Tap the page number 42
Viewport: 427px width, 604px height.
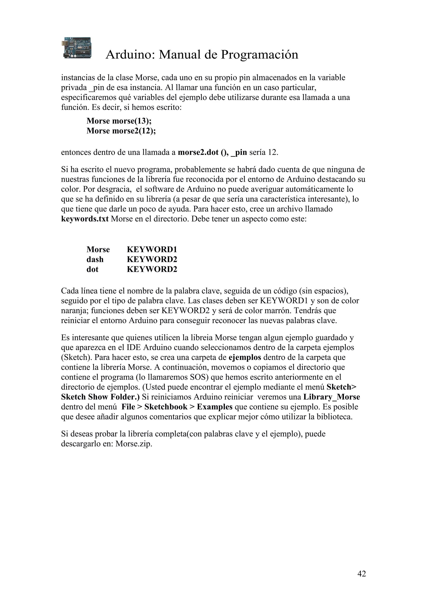[362, 574]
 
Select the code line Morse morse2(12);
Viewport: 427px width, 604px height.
[121, 131]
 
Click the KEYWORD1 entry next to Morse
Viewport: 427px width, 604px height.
[152, 249]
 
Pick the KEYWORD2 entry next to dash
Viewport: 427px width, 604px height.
[152, 259]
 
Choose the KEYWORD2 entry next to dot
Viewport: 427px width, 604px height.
[152, 269]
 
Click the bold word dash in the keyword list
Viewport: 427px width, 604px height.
[95, 259]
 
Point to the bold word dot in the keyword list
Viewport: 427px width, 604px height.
[92, 269]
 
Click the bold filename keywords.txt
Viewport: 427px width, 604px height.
[85, 219]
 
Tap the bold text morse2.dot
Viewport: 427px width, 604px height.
[198, 152]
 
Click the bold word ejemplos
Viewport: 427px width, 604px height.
[245, 357]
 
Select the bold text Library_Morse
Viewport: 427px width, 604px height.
[332, 397]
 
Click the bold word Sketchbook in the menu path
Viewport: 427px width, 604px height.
[166, 407]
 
